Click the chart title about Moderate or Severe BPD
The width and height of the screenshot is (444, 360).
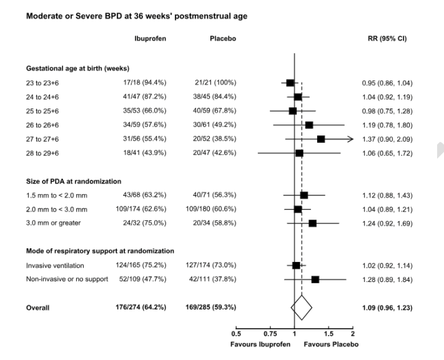136,16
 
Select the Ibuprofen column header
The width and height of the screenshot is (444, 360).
150,39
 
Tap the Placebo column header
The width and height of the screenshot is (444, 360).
223,39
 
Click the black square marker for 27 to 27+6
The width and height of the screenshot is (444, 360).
321,139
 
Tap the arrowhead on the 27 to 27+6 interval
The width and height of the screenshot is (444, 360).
350,139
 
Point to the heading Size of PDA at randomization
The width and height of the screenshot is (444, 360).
74,182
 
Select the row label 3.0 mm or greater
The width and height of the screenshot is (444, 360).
54,223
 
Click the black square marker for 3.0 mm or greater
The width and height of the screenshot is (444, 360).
312,223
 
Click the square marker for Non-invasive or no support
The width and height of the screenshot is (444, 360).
315,280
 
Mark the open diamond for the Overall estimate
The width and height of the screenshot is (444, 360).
302,308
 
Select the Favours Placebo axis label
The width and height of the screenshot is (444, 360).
331,344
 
